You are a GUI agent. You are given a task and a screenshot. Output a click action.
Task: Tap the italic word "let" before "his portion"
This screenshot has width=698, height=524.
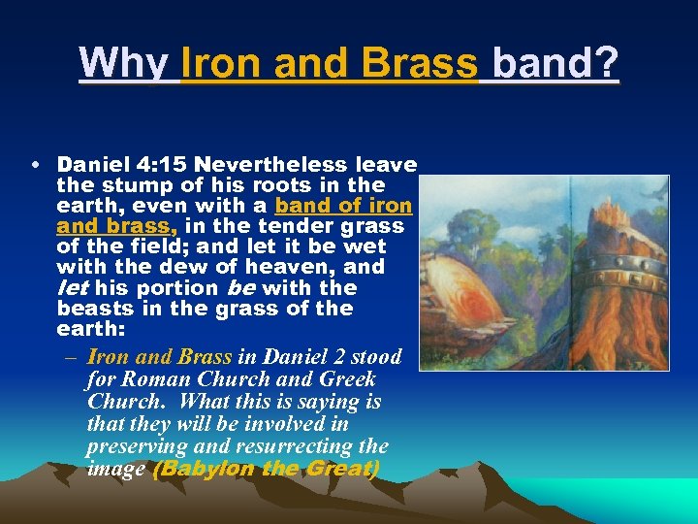tap(73, 288)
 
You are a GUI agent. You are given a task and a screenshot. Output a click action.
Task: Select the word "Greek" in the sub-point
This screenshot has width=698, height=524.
tap(340, 379)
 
